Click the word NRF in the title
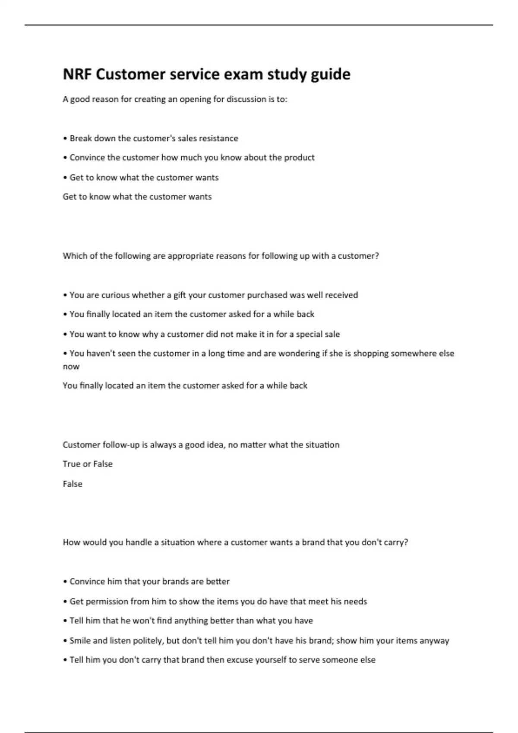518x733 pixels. (77, 75)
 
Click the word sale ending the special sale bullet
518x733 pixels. (332, 334)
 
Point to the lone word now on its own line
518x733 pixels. (71, 367)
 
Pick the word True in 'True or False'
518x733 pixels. (71, 464)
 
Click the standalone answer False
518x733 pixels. (73, 484)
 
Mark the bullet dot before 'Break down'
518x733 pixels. (65, 139)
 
